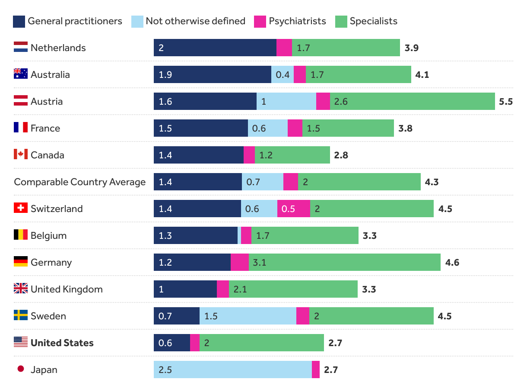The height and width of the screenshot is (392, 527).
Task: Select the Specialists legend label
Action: [x=373, y=21]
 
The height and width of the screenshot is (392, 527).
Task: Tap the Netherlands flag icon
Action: [x=21, y=48]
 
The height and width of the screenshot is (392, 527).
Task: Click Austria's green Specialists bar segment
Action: [x=412, y=101]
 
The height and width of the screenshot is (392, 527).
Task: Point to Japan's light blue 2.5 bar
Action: [x=232, y=370]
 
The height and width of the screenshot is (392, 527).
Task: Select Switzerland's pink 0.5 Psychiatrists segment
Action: [x=293, y=209]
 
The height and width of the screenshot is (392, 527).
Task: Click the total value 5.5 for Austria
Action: [x=505, y=101]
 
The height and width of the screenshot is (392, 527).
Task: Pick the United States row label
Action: [x=62, y=343]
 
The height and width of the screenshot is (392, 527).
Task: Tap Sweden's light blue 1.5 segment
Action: [x=248, y=316]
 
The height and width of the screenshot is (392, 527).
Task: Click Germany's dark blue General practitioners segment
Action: [x=192, y=262]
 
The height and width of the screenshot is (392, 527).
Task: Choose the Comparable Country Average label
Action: [x=79, y=182]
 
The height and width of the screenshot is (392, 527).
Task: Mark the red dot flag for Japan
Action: [x=20, y=369]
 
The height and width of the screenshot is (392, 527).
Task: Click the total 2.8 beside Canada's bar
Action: [x=341, y=155]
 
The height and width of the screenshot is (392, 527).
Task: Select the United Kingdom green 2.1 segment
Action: [x=293, y=289]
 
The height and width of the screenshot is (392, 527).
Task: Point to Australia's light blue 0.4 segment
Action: [x=282, y=74]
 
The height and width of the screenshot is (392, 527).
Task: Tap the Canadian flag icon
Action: [x=21, y=154]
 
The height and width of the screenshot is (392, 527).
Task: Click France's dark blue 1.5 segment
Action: [x=200, y=128]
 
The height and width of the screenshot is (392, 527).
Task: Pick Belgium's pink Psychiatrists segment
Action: [x=246, y=235]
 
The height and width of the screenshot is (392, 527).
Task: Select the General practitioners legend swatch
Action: [x=19, y=21]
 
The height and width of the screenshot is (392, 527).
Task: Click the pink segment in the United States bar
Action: [x=195, y=343]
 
